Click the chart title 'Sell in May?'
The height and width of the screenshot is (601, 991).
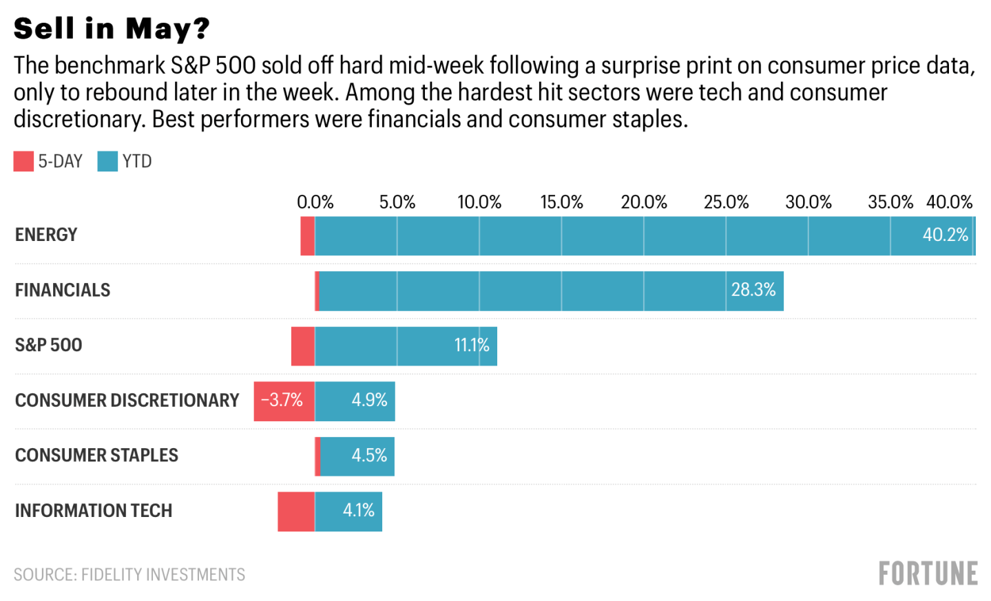tap(111, 29)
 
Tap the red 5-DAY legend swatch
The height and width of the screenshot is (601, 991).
tap(23, 162)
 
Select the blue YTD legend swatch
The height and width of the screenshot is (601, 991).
tap(107, 162)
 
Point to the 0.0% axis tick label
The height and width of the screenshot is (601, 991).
tap(315, 202)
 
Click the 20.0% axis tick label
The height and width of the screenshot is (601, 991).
tap(643, 202)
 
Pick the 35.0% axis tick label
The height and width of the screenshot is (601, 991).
tap(890, 202)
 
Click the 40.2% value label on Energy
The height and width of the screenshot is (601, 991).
tap(945, 235)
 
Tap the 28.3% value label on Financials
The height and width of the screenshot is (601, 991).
tap(753, 290)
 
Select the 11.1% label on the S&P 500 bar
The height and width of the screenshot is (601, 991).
tap(471, 345)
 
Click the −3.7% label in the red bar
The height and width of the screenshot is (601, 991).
tap(282, 400)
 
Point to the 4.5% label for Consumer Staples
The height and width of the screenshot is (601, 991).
tap(369, 456)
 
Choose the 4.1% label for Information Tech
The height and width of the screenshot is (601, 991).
tap(358, 511)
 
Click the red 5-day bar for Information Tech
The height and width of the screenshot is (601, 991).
tap(296, 512)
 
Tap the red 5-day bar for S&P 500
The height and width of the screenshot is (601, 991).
tap(303, 346)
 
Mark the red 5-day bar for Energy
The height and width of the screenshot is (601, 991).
tap(307, 236)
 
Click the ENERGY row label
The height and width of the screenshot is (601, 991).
tap(46, 235)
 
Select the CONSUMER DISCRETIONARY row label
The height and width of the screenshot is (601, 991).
tap(127, 401)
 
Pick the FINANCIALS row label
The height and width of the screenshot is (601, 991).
tap(63, 291)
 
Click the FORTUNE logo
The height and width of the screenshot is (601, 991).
tap(928, 573)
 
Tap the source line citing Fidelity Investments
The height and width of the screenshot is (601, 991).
tap(129, 575)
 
